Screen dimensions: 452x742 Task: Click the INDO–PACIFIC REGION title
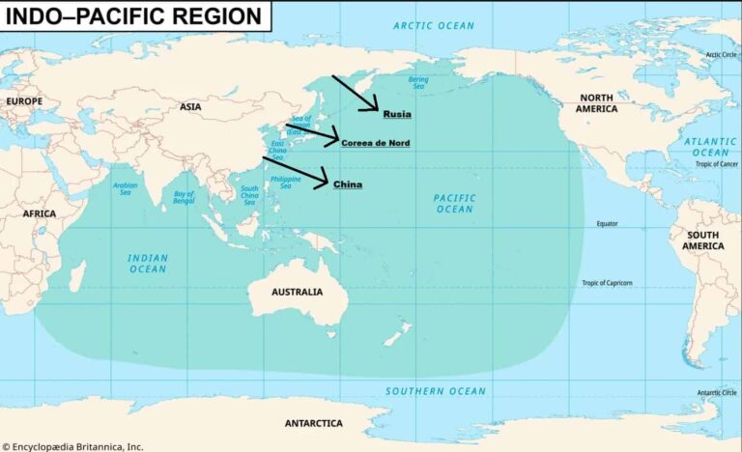(x=134, y=16)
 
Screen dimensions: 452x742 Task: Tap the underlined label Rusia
(x=397, y=114)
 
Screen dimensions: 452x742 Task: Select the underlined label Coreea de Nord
(x=376, y=143)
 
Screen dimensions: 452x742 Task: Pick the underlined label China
(x=348, y=184)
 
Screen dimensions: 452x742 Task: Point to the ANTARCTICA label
(x=313, y=423)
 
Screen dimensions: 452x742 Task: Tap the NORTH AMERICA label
(x=596, y=103)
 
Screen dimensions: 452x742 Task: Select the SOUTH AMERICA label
(x=702, y=240)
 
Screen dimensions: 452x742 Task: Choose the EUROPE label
(x=24, y=100)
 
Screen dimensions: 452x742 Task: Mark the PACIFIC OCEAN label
(x=454, y=203)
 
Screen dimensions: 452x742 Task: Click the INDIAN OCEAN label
(x=148, y=264)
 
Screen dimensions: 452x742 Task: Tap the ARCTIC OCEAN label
(x=434, y=25)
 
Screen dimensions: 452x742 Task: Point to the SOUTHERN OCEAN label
(x=436, y=391)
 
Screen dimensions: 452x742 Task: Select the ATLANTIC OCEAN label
(x=710, y=147)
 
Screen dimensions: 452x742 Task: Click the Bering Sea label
(x=417, y=83)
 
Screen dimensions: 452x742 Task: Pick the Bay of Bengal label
(x=184, y=198)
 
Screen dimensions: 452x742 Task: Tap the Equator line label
(x=607, y=223)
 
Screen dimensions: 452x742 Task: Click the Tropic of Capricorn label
(x=607, y=282)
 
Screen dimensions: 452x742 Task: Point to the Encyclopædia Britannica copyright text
(x=72, y=446)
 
